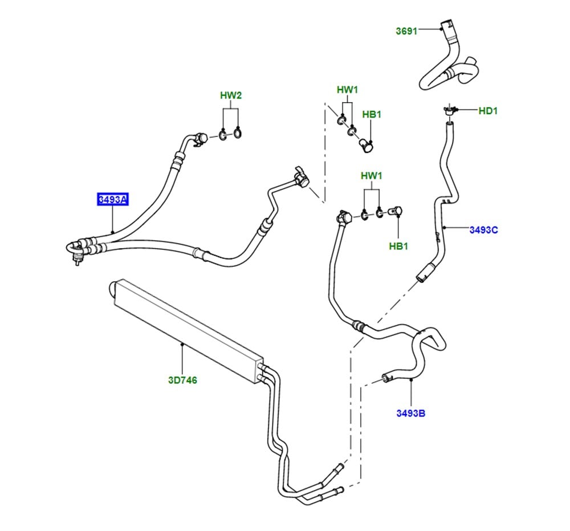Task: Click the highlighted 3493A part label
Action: pos(113,200)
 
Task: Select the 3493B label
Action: pos(411,413)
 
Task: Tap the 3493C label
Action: pos(483,230)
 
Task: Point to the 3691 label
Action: pos(406,31)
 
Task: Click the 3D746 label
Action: pos(182,380)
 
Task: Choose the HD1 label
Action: pos(488,111)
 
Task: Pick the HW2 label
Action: pos(231,95)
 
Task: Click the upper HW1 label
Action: pos(348,90)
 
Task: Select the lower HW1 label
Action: pos(372,176)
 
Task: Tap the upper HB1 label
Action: pos(372,114)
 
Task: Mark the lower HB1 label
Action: pos(398,246)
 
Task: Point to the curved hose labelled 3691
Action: pos(449,62)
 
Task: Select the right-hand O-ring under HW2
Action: pos(237,133)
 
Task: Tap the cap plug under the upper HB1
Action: pos(367,145)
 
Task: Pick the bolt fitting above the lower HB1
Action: pos(396,211)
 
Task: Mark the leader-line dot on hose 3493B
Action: pos(411,380)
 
